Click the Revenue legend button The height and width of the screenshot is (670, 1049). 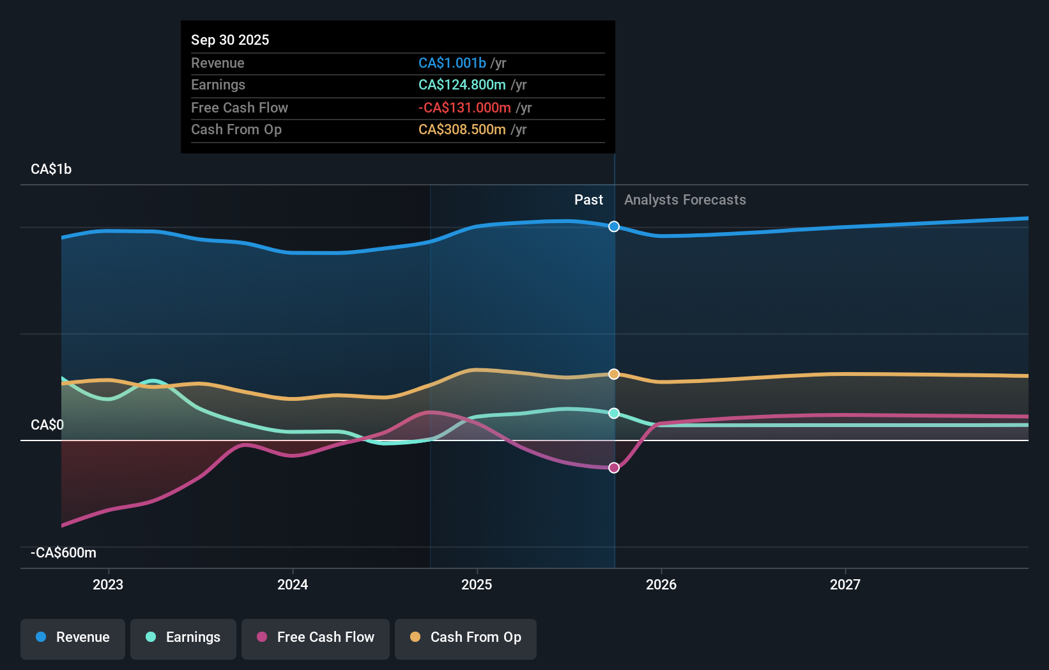tap(73, 638)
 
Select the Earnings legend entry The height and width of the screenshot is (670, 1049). tap(183, 638)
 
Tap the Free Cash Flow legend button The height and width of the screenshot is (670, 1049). tap(316, 638)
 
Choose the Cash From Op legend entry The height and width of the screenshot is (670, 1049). tap(466, 638)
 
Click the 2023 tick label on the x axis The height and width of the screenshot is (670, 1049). tap(108, 584)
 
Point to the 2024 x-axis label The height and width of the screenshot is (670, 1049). tap(293, 584)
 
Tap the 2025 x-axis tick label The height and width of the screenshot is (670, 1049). tap(477, 584)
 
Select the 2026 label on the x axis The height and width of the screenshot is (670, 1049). tap(661, 584)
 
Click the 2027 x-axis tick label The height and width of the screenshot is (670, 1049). tap(845, 584)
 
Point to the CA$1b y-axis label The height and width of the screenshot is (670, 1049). tap(51, 169)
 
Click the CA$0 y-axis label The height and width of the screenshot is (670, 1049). tap(47, 425)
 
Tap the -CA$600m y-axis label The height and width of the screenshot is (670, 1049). tap(64, 553)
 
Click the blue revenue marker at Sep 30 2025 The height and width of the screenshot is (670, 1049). tap(614, 226)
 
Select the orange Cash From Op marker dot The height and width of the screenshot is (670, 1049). tap(614, 374)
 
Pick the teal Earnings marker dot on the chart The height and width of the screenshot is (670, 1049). tap(614, 413)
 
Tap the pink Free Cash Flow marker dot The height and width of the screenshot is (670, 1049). tap(614, 468)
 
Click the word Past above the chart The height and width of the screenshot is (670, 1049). tap(588, 200)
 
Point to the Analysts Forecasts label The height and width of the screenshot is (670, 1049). tap(685, 200)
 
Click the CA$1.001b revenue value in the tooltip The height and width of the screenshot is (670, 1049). tap(452, 63)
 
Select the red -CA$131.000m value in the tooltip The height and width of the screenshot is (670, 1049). tap(464, 108)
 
